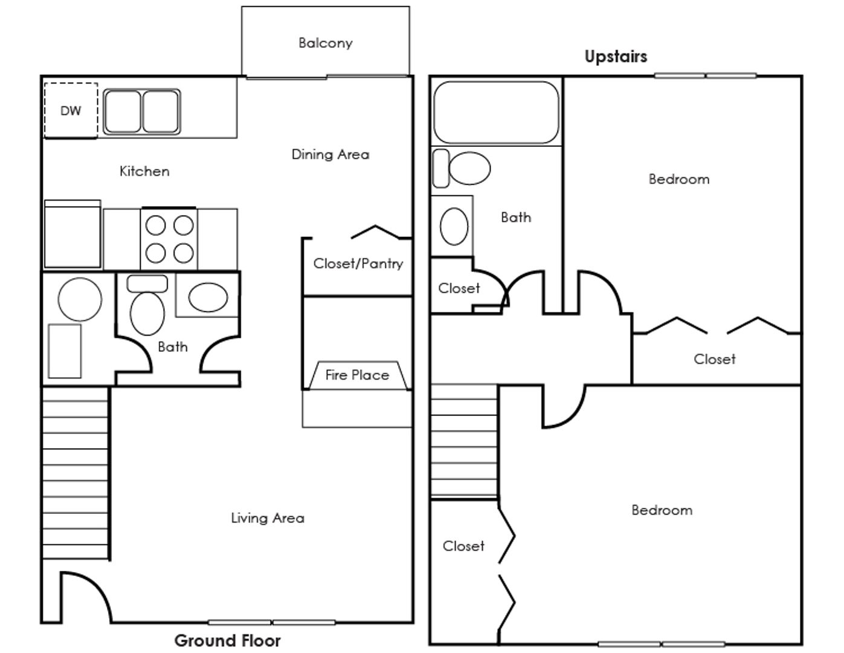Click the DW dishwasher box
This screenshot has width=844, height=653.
click(71, 111)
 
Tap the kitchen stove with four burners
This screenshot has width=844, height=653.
click(169, 239)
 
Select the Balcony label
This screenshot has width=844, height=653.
click(325, 43)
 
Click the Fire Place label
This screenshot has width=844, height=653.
click(356, 375)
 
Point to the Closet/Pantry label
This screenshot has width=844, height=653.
click(358, 264)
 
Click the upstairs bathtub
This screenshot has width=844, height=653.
click(496, 112)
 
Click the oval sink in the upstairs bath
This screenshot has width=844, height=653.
click(454, 226)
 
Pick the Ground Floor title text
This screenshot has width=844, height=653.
click(227, 640)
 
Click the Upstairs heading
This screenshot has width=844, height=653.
click(616, 57)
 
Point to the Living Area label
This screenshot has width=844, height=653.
click(268, 518)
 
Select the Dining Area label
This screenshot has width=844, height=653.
click(330, 155)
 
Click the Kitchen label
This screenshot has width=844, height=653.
click(144, 172)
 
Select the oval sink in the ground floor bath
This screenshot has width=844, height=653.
click(208, 297)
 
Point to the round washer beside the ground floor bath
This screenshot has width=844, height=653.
click(80, 299)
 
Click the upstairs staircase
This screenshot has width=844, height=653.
click(464, 441)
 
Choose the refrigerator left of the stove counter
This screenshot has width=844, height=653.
click(72, 235)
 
